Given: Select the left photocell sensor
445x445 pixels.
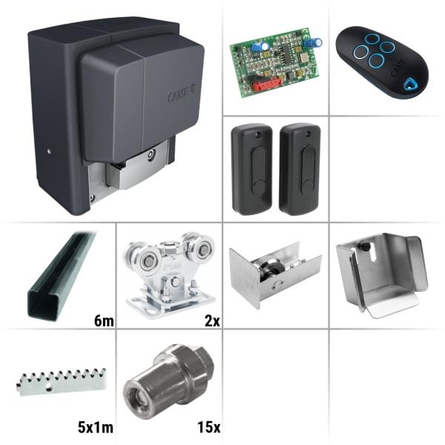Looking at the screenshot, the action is click(251, 169).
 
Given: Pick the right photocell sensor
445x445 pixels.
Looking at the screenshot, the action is click(300, 169).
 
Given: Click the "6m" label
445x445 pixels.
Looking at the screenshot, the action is click(104, 321).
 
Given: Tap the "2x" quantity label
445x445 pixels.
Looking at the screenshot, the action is click(212, 321).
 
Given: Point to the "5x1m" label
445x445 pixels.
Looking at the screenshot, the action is click(96, 427).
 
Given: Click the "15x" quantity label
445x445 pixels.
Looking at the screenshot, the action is click(209, 427).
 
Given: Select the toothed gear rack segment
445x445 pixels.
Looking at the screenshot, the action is click(62, 382).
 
